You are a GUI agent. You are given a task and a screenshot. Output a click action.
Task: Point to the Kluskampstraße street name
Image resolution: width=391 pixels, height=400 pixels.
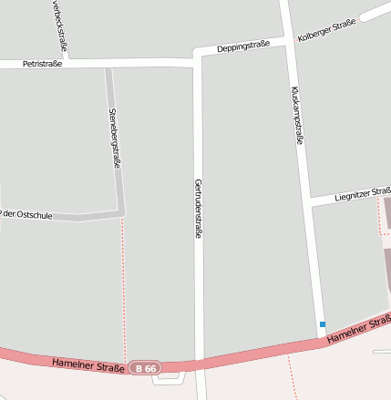click(296, 115)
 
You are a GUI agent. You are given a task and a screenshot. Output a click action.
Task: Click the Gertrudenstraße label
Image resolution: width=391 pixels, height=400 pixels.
click(198, 209)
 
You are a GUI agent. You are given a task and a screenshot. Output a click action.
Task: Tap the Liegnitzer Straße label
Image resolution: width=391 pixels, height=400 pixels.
click(361, 193)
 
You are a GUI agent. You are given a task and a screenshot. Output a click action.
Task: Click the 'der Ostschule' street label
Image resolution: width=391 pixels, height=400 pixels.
click(27, 214)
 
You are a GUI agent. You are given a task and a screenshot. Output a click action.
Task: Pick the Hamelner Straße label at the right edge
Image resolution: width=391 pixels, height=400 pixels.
click(358, 329)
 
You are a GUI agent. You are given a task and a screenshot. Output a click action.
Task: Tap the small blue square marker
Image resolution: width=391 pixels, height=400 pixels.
click(322, 324)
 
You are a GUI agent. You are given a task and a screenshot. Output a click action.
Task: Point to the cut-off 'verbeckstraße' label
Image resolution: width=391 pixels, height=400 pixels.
click(60, 23)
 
